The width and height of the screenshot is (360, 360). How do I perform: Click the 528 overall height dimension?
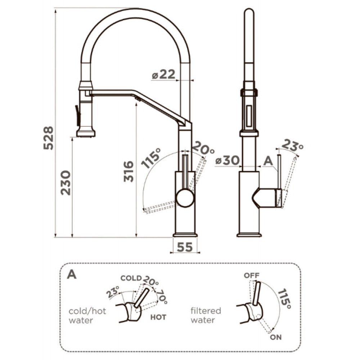tap(49, 138)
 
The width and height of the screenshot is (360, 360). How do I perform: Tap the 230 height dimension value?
tap(66, 183)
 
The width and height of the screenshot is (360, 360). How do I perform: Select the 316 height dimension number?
tap(129, 171)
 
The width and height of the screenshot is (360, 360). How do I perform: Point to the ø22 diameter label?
tap(163, 74)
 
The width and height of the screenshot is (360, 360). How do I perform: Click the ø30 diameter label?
tap(227, 160)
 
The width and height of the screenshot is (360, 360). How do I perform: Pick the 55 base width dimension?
tap(185, 247)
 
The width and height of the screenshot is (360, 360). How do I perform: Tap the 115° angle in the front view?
tap(150, 158)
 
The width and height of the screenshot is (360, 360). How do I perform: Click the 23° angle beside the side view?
tap(292, 145)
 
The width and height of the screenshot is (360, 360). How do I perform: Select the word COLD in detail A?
tap(131, 278)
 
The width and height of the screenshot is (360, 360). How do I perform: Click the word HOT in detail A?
tap(158, 317)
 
